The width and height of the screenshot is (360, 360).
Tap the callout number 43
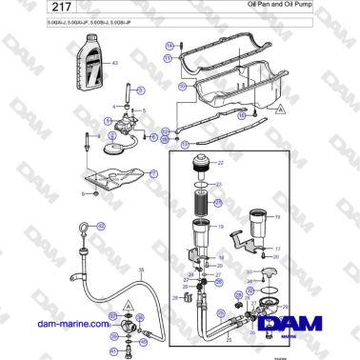click(116, 64)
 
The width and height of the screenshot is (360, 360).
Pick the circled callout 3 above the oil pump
click(140, 90)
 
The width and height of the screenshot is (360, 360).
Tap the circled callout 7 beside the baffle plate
click(154, 173)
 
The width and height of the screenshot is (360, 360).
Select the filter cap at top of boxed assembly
click(202, 163)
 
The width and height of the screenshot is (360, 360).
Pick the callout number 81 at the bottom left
click(113, 351)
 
